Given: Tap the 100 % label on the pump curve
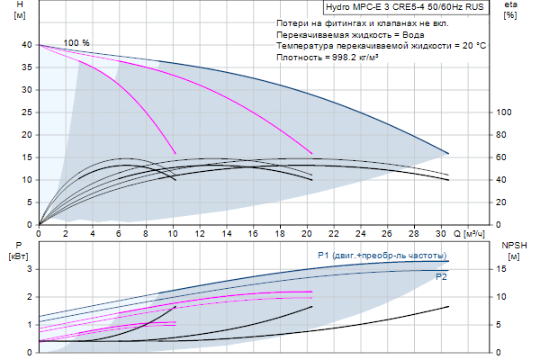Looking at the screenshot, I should pyautogui.click(x=76, y=43).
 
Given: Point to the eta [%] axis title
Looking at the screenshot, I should pyautogui.click(x=510, y=12).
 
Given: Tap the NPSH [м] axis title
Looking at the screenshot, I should pyautogui.click(x=511, y=250).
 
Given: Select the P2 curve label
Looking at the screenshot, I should pyautogui.click(x=441, y=277).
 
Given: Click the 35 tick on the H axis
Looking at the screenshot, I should pyautogui.click(x=29, y=67).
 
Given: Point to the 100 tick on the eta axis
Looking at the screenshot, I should pyautogui.click(x=505, y=112).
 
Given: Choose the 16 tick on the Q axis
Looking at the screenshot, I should pyautogui.click(x=254, y=233).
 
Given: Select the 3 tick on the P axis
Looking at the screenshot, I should pyautogui.click(x=31, y=269).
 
